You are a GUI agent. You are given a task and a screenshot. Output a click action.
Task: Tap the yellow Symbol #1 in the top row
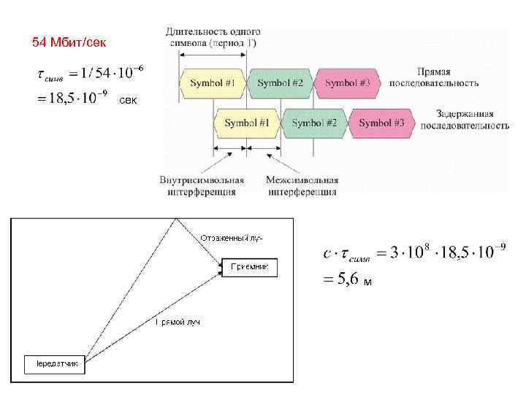coord(213,83)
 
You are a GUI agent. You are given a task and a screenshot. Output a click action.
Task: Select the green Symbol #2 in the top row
coord(280,83)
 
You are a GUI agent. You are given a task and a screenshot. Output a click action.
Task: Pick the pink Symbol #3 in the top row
coord(348,83)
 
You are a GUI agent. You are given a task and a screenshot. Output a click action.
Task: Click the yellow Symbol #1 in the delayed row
coord(246,123)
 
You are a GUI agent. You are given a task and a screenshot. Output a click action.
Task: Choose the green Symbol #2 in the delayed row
coord(314,123)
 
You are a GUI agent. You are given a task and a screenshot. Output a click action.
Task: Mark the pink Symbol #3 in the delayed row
coord(381,123)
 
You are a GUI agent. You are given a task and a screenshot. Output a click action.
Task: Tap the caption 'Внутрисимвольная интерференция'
coord(202,186)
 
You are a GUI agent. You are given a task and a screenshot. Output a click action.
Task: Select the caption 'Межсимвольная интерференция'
coord(302,186)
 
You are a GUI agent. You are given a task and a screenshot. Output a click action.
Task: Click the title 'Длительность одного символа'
coord(213,37)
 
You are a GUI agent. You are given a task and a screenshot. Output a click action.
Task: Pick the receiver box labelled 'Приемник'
coord(249,268)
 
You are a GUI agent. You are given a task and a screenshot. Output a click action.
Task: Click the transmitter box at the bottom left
coord(56,363)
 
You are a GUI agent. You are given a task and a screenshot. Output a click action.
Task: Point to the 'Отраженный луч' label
coord(232,238)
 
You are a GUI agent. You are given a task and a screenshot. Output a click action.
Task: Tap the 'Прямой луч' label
coord(178,322)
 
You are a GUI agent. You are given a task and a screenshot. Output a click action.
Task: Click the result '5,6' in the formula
coord(347,279)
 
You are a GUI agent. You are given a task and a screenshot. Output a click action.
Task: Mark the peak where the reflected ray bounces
coord(175,220)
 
